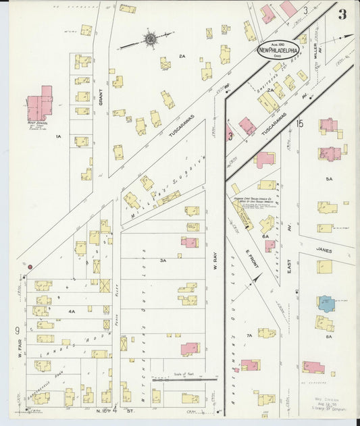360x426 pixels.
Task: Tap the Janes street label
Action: (x=323, y=249)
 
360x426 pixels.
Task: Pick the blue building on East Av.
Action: (x=326, y=303)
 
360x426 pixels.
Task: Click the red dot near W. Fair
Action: (x=30, y=267)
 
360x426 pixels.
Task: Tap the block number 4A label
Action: (x=72, y=311)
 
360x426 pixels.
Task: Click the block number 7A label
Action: (x=249, y=335)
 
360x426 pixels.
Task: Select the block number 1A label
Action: (x=59, y=137)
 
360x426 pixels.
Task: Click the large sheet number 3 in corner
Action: (x=343, y=14)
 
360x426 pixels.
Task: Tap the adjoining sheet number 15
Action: (x=299, y=124)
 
